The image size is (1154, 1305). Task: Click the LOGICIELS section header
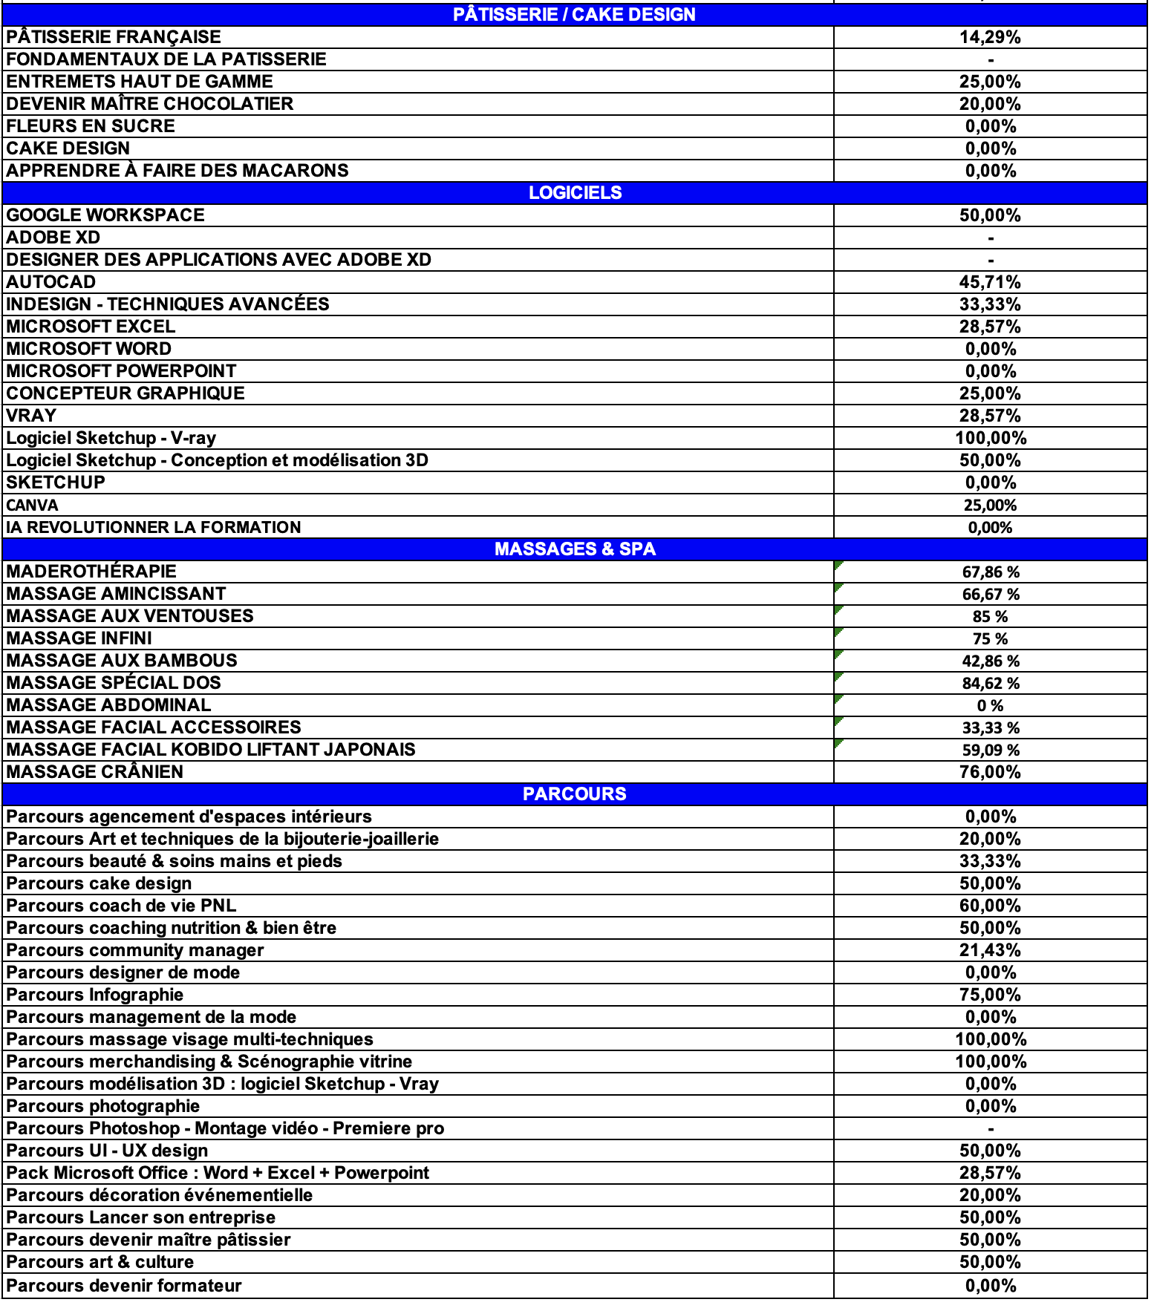575,193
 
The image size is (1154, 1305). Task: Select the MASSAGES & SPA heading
575,549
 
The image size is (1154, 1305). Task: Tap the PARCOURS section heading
574,794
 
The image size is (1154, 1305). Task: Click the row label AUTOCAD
51,282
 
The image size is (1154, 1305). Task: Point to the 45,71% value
990,282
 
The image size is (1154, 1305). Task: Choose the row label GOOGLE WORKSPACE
105,215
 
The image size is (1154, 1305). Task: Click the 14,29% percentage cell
990,37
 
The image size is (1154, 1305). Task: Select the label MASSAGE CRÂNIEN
95,772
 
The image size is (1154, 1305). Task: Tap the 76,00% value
990,772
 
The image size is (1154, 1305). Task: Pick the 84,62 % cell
991,683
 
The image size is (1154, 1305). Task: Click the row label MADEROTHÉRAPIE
91,572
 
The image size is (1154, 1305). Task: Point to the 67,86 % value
991,572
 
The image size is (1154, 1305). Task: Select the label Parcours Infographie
95,995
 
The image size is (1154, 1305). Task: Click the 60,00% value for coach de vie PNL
990,906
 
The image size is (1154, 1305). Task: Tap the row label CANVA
32,506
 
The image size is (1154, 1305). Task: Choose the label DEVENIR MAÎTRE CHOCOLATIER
150,104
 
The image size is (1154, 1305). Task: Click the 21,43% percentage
990,950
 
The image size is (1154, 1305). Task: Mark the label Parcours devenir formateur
124,1286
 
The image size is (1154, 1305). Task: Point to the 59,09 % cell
991,750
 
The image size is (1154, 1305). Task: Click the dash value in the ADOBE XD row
991,238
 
